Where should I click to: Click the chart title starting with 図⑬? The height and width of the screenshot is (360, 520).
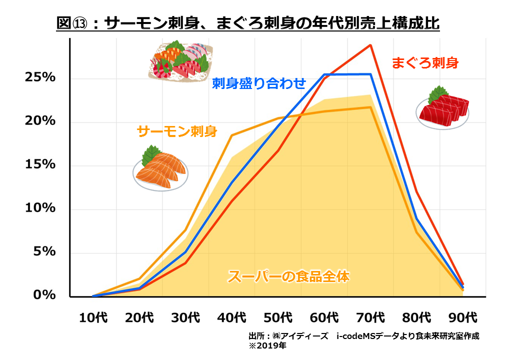pos(248,23)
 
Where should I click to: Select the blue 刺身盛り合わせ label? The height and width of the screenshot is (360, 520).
pos(258,83)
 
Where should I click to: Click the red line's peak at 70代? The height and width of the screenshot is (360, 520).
pos(370,45)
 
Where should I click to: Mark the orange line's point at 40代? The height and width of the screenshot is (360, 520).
pos(232,135)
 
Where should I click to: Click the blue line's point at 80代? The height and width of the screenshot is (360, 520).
pos(416,218)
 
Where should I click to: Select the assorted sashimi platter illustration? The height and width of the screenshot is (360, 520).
pos(179,60)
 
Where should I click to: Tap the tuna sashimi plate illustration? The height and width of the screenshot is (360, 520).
pos(442,108)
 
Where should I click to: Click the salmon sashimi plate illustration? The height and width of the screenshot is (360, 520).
pos(160,169)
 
